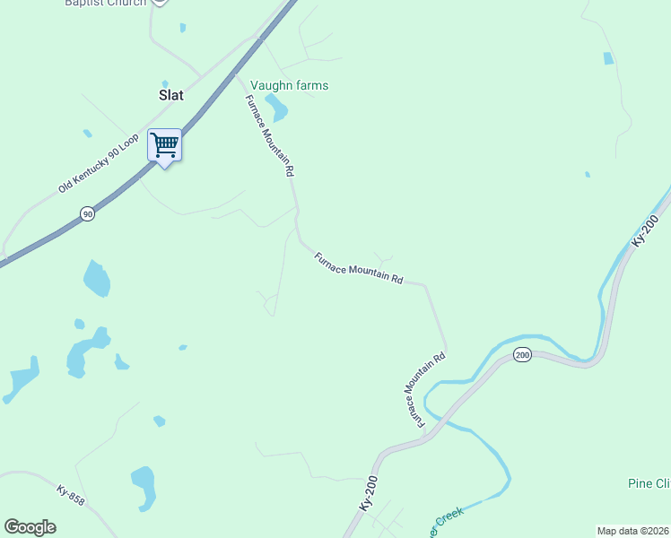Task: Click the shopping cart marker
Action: click(x=164, y=145)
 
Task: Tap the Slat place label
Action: click(x=170, y=95)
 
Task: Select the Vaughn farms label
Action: click(x=289, y=86)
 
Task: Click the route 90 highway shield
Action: click(x=86, y=213)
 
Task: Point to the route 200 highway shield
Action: click(x=522, y=356)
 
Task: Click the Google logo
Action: click(x=30, y=526)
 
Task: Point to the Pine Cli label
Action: click(x=649, y=483)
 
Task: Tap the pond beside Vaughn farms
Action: click(x=277, y=108)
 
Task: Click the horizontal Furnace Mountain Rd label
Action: click(x=359, y=268)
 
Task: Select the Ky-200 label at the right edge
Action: click(x=645, y=232)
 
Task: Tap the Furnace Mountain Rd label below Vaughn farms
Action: click(x=270, y=134)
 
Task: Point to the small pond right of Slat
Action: click(x=183, y=28)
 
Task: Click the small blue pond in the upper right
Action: click(x=608, y=58)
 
